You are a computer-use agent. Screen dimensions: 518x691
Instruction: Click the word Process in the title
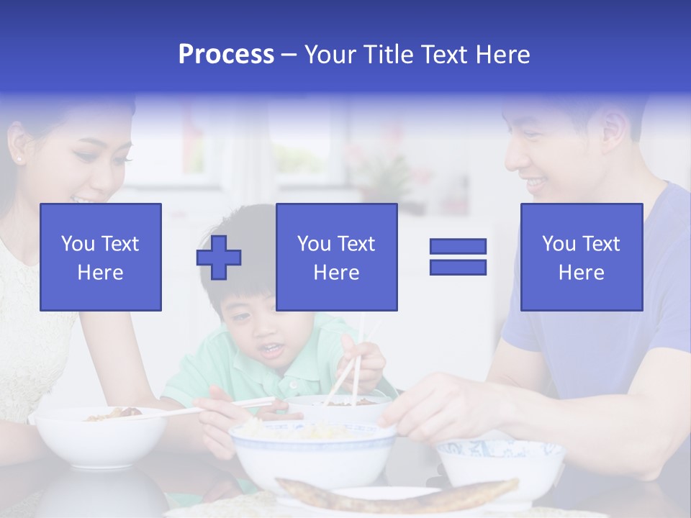[226, 55]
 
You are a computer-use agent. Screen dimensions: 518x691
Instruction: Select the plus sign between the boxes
[219, 258]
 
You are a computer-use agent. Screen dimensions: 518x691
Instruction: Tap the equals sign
[458, 257]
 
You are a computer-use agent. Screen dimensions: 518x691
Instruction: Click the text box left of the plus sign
[101, 258]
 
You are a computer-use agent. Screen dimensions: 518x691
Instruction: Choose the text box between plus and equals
[336, 258]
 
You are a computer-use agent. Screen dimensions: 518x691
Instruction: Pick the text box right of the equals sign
[581, 258]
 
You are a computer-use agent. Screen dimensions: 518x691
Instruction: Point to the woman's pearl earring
[17, 158]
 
